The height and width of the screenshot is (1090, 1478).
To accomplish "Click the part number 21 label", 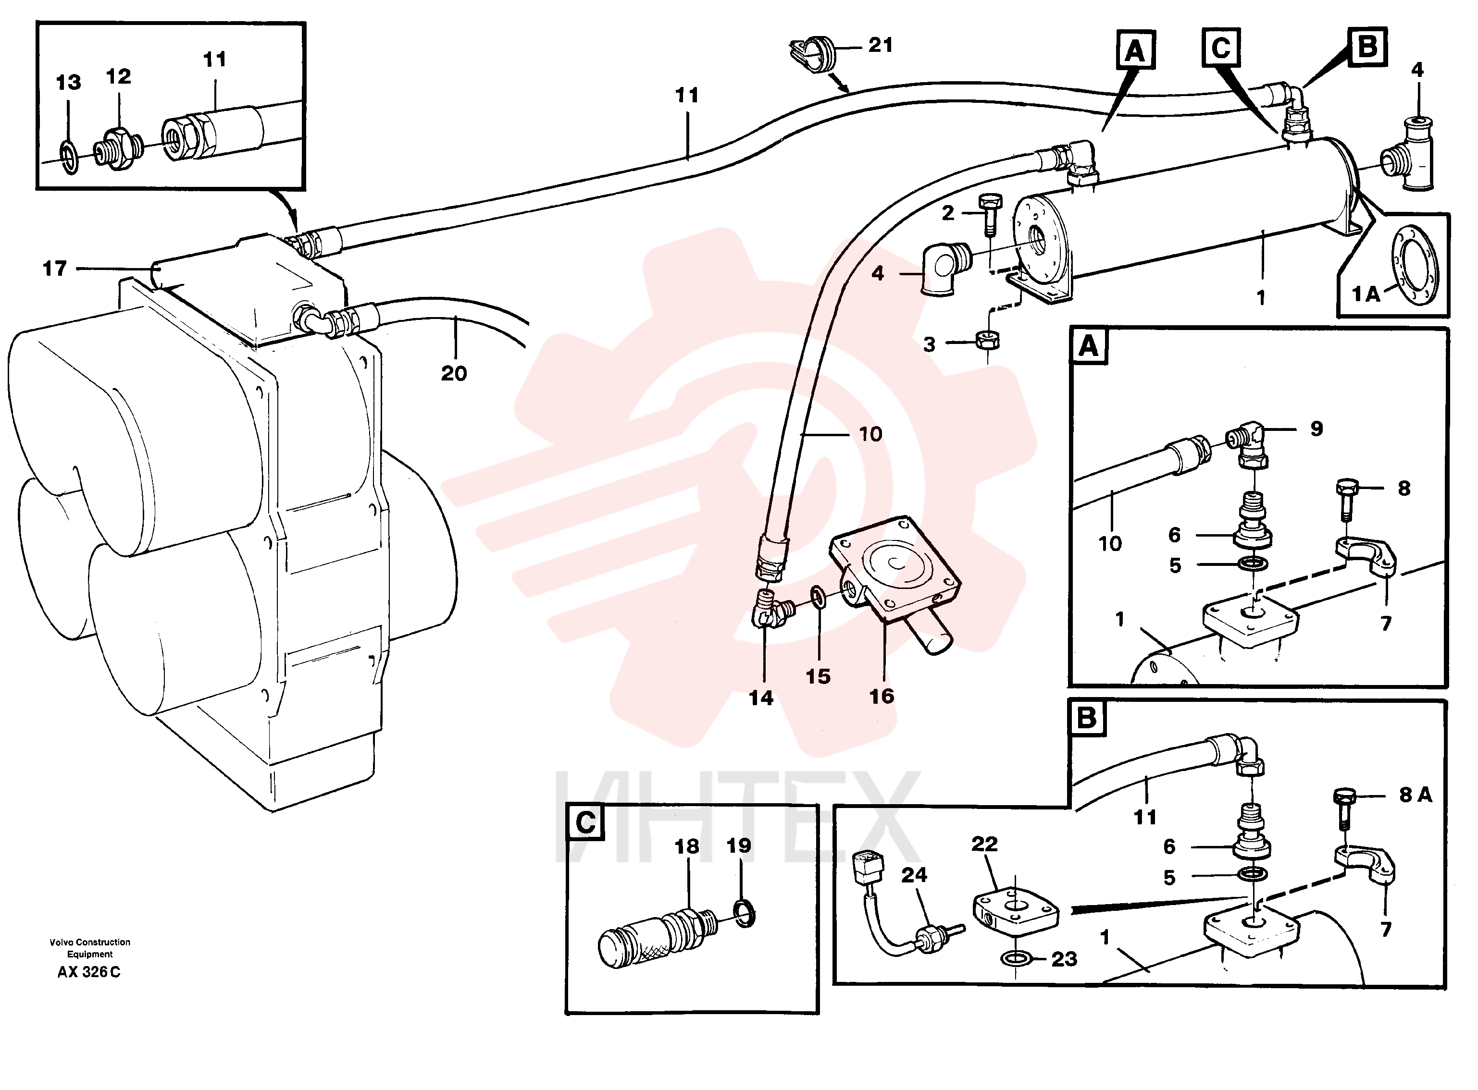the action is (x=880, y=46).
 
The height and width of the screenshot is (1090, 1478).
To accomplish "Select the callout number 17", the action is (x=54, y=269).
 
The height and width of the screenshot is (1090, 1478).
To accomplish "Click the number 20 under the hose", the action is (x=454, y=373).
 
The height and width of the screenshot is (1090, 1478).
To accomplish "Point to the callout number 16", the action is (x=882, y=697).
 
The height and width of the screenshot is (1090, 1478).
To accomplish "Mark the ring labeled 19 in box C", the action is (x=745, y=912).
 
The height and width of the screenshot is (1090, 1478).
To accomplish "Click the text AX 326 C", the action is (x=89, y=972).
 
